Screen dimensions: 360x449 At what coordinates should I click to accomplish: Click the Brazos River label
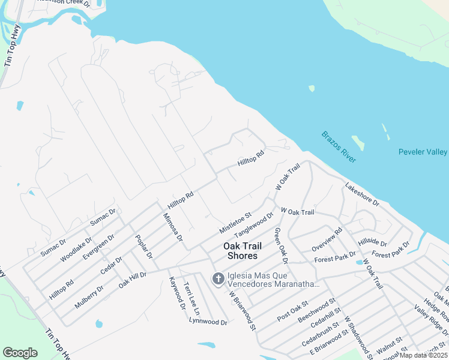tap(339, 147)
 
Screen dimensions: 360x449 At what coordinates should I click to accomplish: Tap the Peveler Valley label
tap(423, 152)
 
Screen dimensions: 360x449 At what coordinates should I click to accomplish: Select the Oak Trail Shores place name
tap(241, 251)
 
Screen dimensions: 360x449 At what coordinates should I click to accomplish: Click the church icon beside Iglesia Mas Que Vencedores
tap(217, 278)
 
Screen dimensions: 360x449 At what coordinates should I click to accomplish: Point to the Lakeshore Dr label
tap(362, 195)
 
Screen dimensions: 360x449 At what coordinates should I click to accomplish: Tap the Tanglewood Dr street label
tap(254, 227)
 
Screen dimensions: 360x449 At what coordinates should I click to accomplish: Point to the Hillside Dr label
tap(372, 242)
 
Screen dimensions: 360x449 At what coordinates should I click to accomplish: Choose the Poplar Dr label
tap(145, 245)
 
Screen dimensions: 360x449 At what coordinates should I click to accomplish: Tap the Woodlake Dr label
tap(76, 251)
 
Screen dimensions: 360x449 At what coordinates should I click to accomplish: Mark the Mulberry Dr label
tap(89, 296)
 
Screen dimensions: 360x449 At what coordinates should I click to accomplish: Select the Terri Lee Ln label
tap(191, 298)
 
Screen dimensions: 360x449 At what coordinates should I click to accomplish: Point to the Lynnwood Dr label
tap(208, 322)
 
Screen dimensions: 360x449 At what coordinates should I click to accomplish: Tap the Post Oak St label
tap(292, 311)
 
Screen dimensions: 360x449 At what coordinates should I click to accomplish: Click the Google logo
tap(20, 352)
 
